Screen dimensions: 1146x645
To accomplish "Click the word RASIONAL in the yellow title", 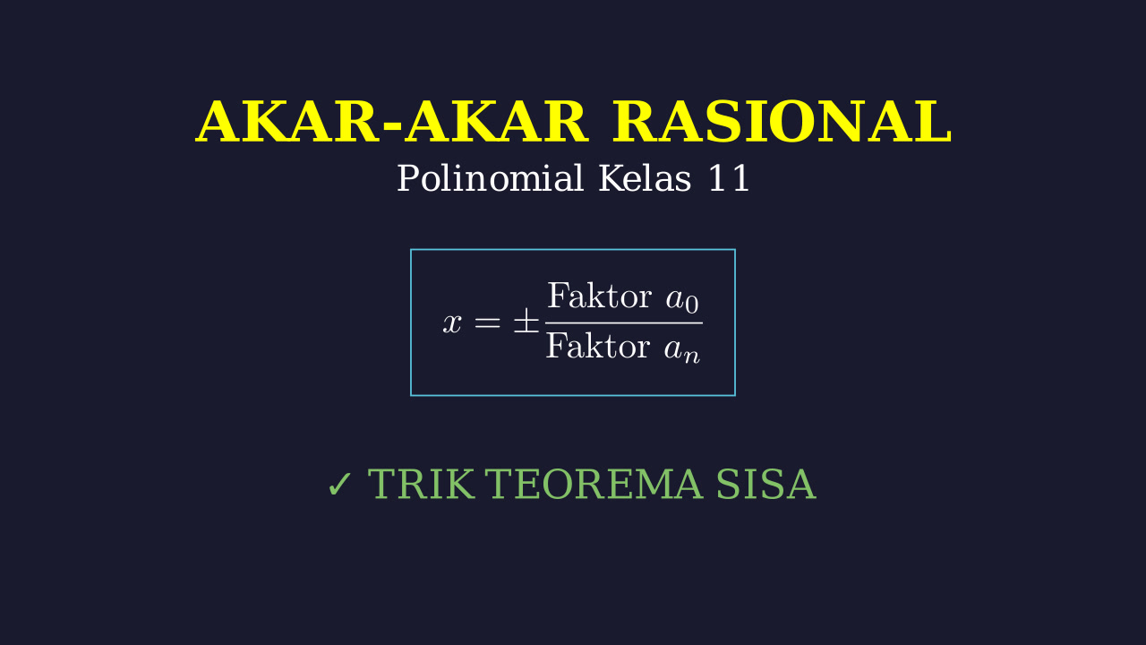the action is point(782,122).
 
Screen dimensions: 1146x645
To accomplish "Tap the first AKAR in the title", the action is point(288,123).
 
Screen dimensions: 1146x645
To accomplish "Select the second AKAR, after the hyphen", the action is point(496,123).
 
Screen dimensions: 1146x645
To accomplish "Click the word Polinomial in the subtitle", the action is point(490,178).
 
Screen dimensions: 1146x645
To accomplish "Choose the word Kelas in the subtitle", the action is point(645,178).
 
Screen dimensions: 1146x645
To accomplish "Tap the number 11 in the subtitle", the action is point(729,178).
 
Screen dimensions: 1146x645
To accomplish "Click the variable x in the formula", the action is point(452,323).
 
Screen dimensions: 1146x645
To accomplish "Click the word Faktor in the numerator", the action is point(600,296).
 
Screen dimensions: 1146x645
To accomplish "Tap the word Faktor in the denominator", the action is point(598,346).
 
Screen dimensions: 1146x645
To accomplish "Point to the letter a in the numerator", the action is point(675,299).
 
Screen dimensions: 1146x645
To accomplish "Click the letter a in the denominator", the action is point(674,349).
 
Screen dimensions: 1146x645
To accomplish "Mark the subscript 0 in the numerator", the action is point(692,305).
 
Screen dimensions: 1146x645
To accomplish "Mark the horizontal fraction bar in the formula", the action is point(624,323).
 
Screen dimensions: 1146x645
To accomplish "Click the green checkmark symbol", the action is point(339,485).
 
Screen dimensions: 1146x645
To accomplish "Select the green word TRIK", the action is point(420,484).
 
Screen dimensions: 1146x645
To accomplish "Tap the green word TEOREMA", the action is point(594,484).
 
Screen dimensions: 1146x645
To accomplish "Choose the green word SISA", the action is point(765,484).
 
